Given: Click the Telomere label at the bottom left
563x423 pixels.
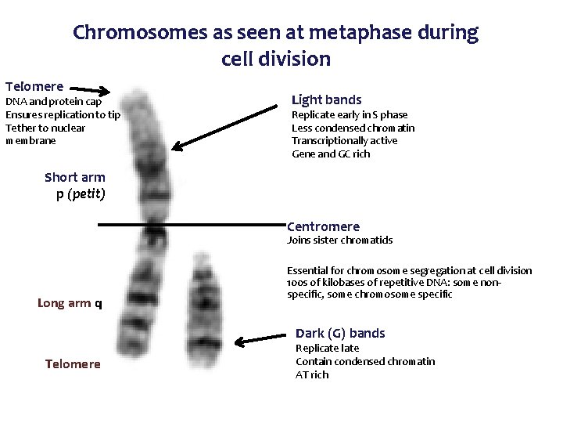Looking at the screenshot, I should tap(73, 364).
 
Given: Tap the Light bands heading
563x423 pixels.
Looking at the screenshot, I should tap(326, 99).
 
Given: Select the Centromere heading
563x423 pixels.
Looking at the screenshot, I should tap(324, 227).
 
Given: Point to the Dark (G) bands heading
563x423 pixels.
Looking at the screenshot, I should tap(340, 332).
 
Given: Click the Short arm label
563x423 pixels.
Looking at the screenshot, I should tap(75, 177).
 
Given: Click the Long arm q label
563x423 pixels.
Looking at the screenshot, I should tap(70, 303).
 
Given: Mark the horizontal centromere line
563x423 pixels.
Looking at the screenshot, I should tap(192, 226).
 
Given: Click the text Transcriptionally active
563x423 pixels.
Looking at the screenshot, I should tap(344, 141).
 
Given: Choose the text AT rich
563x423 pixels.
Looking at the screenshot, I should tap(312, 374).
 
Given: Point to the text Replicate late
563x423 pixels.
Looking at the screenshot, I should tap(327, 348).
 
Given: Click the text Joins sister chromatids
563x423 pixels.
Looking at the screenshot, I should tap(340, 240).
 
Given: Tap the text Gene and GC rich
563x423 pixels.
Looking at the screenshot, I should tap(331, 154).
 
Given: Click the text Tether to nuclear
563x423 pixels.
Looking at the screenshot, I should tap(45, 128).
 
